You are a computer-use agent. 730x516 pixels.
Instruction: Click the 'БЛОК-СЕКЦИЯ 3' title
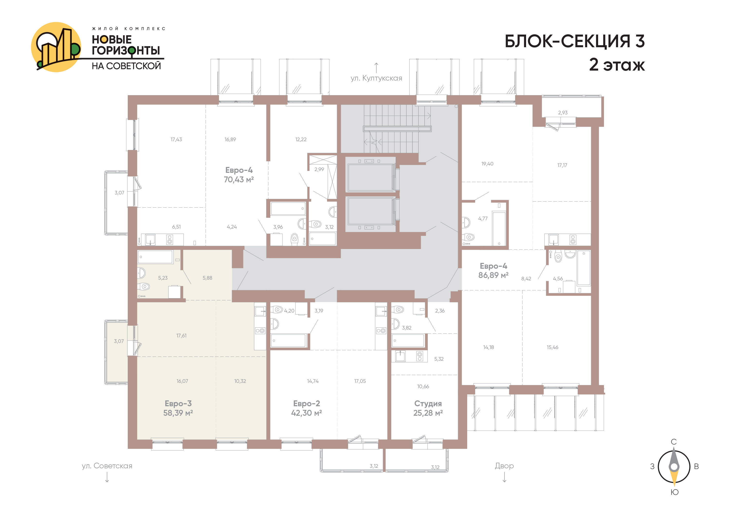pyautogui.click(x=575, y=41)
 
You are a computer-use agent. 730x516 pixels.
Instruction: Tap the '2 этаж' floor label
pyautogui.click(x=617, y=64)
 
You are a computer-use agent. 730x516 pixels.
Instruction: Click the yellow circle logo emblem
pyautogui.click(x=56, y=47)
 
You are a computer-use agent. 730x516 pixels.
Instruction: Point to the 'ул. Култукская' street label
pyautogui.click(x=376, y=78)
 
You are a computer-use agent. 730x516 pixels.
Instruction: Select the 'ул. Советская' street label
pyautogui.click(x=107, y=466)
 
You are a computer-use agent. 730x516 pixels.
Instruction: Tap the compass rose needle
pyautogui.click(x=674, y=467)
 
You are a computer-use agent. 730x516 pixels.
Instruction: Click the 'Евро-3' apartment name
pyautogui.click(x=178, y=404)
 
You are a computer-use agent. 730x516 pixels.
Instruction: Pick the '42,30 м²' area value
pyautogui.click(x=307, y=413)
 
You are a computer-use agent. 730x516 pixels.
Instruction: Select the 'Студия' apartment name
pyautogui.click(x=428, y=404)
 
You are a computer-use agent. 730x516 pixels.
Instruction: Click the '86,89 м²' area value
pyautogui.click(x=493, y=275)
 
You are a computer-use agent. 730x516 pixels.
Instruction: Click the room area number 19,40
pyautogui.click(x=487, y=164)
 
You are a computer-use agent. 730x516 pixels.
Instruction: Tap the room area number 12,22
pyautogui.click(x=301, y=139)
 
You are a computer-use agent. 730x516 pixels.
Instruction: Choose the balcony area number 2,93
pyautogui.click(x=563, y=112)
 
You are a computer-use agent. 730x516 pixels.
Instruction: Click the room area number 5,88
pyautogui.click(x=207, y=278)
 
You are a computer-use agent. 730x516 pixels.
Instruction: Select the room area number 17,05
pyautogui.click(x=360, y=381)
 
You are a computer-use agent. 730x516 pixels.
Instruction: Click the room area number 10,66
pyautogui.click(x=423, y=387)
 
